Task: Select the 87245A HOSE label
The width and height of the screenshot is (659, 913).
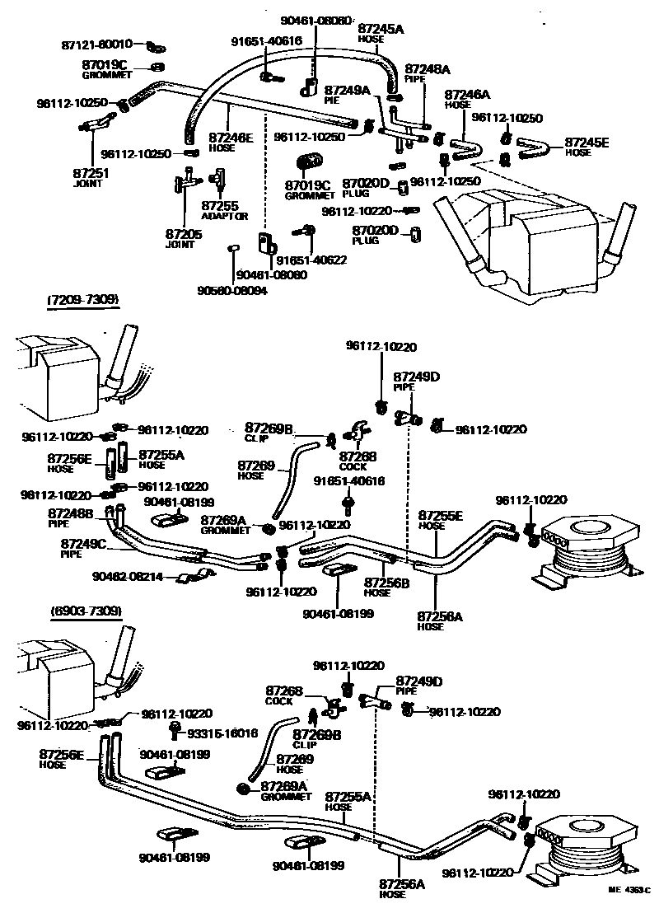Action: click(381, 33)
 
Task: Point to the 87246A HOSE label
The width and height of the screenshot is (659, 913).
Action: click(467, 99)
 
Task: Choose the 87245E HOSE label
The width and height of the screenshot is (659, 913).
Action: click(586, 146)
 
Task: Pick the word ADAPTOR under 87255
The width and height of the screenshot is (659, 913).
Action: click(224, 216)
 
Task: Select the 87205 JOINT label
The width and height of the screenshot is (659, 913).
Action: click(184, 238)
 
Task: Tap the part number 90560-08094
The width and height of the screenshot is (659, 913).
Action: click(231, 291)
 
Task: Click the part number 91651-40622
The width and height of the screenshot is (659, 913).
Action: click(311, 260)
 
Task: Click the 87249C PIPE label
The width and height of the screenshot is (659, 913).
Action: click(82, 548)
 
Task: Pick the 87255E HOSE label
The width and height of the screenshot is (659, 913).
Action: click(440, 519)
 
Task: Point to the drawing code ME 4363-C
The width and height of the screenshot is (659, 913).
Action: click(629, 891)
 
